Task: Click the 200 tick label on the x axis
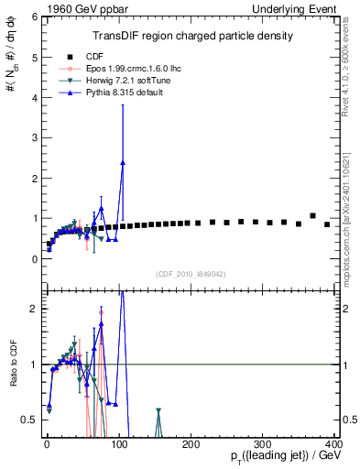pos(191,444)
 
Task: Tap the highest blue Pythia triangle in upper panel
pos(123,162)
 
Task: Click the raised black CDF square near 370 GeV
pos(313,216)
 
